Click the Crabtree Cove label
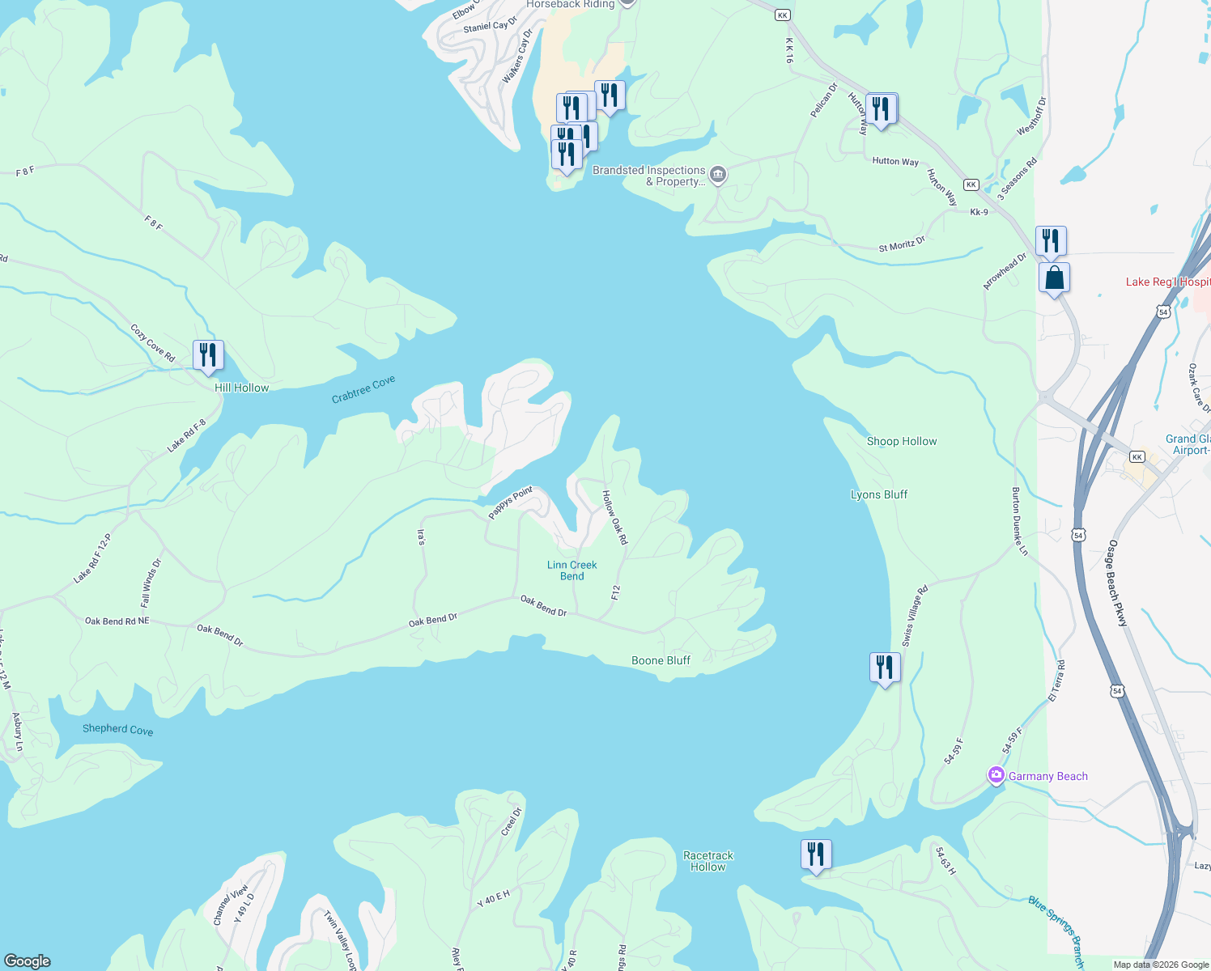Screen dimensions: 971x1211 point(363,389)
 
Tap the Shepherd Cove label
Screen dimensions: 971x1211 point(117,729)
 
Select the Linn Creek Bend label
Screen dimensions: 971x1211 point(572,570)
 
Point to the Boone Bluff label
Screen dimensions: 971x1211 point(661,660)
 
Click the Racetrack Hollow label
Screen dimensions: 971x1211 point(708,861)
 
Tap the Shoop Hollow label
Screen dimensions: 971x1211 point(902,441)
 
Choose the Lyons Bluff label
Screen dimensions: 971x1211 point(879,494)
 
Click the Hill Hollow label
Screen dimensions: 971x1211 point(241,388)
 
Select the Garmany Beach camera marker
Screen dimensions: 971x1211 point(996,776)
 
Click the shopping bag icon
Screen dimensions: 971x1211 point(1054,278)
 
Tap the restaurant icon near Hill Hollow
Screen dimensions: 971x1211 point(208,355)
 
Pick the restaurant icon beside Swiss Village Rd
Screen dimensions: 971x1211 point(885,668)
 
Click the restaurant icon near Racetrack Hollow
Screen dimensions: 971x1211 point(816,854)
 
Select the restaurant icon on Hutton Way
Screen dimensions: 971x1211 point(881,108)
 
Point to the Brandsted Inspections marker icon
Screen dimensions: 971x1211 point(717,175)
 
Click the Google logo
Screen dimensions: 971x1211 point(28,960)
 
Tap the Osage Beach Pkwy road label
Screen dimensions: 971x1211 point(1118,583)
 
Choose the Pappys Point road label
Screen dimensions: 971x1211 point(510,502)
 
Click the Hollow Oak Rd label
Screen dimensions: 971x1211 point(614,517)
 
